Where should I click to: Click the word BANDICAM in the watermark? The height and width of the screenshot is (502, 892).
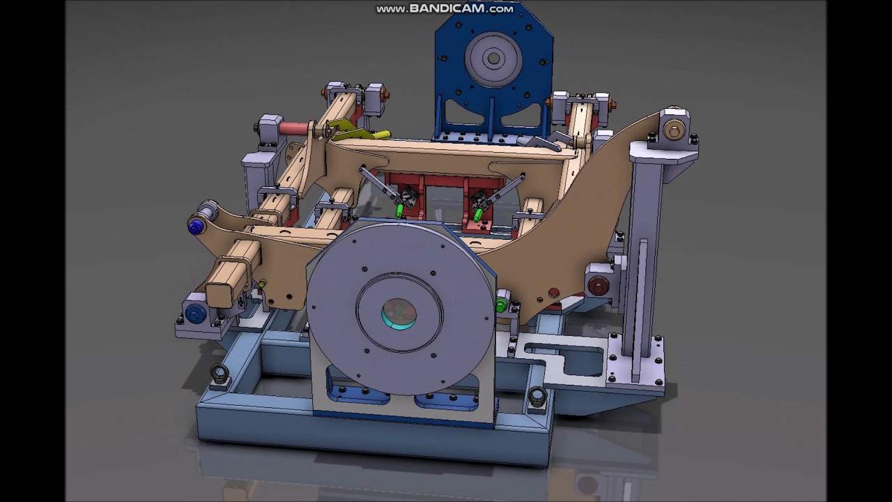[x=447, y=9]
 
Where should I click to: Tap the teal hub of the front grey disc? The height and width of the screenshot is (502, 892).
[x=399, y=314]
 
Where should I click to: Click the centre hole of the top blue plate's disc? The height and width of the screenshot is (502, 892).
[x=494, y=59]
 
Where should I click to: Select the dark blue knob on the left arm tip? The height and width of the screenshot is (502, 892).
[x=195, y=227]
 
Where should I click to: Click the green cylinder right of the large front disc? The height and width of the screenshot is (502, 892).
[x=501, y=305]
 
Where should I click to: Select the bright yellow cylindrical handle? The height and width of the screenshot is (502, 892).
[x=381, y=135]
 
